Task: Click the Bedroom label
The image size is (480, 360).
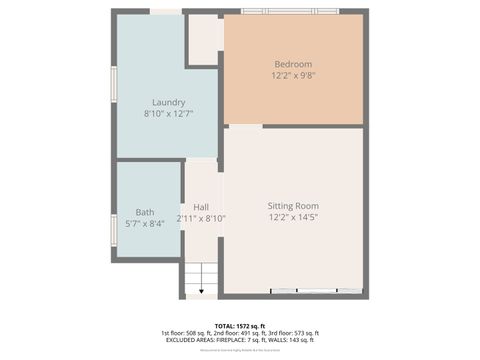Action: pyautogui.click(x=293, y=64)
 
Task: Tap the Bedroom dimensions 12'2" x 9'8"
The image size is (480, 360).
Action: pyautogui.click(x=293, y=76)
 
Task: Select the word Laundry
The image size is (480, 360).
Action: pyautogui.click(x=168, y=102)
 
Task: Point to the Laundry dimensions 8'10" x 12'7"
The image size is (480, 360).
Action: pyautogui.click(x=168, y=114)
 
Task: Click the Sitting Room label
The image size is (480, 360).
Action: pyautogui.click(x=293, y=205)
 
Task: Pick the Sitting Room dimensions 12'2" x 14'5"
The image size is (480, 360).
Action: pyautogui.click(x=293, y=217)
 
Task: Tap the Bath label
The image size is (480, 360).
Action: pyautogui.click(x=146, y=211)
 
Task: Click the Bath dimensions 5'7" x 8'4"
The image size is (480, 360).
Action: pyautogui.click(x=146, y=223)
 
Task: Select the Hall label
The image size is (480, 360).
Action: pyautogui.click(x=200, y=207)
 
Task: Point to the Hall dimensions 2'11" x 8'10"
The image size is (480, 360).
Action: pyautogui.click(x=201, y=218)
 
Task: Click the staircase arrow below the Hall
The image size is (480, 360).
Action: pyautogui.click(x=201, y=289)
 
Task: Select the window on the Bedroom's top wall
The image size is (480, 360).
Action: pyautogui.click(x=290, y=12)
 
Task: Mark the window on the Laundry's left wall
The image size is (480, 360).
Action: pyautogui.click(x=113, y=85)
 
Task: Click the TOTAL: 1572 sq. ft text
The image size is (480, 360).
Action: pyautogui.click(x=239, y=325)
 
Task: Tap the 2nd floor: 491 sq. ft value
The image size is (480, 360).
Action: pyautogui.click(x=239, y=333)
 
